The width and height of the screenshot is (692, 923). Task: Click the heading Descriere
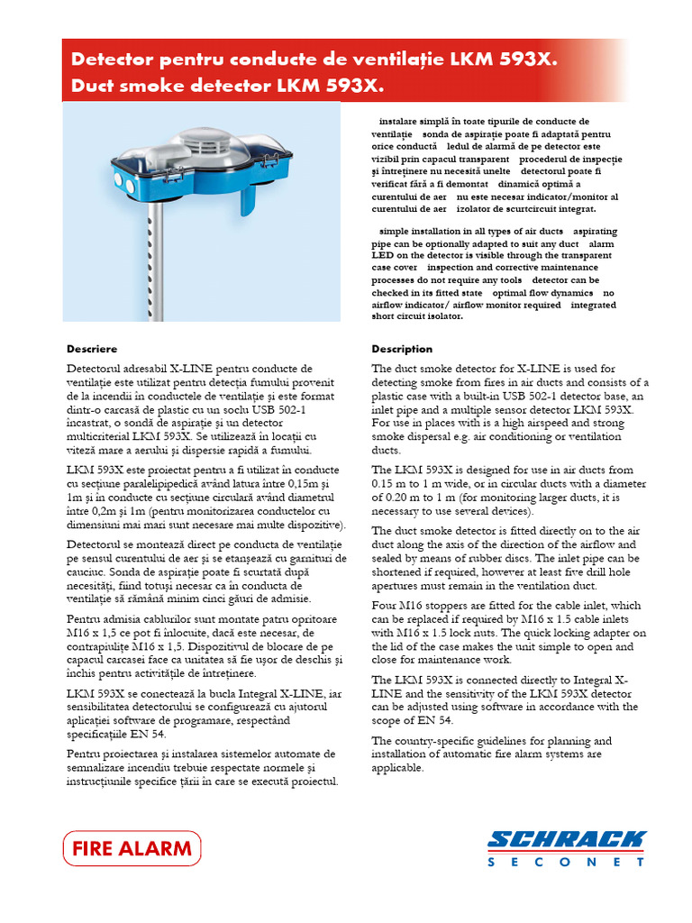click(x=92, y=349)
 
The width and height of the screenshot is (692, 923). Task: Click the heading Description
click(x=402, y=349)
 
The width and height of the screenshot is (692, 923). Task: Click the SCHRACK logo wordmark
click(x=567, y=841)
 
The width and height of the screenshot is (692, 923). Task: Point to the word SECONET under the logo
click(x=567, y=863)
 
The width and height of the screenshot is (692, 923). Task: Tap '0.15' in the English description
click(x=386, y=484)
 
